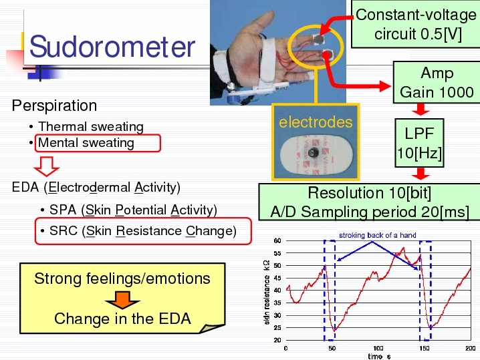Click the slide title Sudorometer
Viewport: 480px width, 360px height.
pos(112,47)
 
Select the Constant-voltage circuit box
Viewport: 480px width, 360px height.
pos(415,24)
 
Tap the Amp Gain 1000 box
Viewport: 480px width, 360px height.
pos(437,82)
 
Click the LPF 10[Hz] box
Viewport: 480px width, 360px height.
pos(419,143)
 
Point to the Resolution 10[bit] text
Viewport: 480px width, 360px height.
pos(370,193)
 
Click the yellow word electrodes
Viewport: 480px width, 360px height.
pos(316,122)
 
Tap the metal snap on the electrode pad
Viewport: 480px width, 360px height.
pos(313,153)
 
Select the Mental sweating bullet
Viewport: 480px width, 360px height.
pos(86,143)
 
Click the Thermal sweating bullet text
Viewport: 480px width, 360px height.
pos(91,127)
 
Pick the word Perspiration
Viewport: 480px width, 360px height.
pos(54,106)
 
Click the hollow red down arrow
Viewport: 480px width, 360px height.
pos(47,166)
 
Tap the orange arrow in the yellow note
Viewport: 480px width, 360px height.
pos(122,300)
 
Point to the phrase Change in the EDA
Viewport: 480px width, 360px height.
pos(122,319)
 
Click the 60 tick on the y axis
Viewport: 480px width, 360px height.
pos(277,240)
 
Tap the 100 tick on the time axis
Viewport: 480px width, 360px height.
pos(378,349)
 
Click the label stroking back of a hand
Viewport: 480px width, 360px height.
pos(378,235)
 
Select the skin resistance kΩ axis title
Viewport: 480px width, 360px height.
pos(267,292)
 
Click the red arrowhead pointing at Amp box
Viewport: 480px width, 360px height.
pos(386,86)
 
